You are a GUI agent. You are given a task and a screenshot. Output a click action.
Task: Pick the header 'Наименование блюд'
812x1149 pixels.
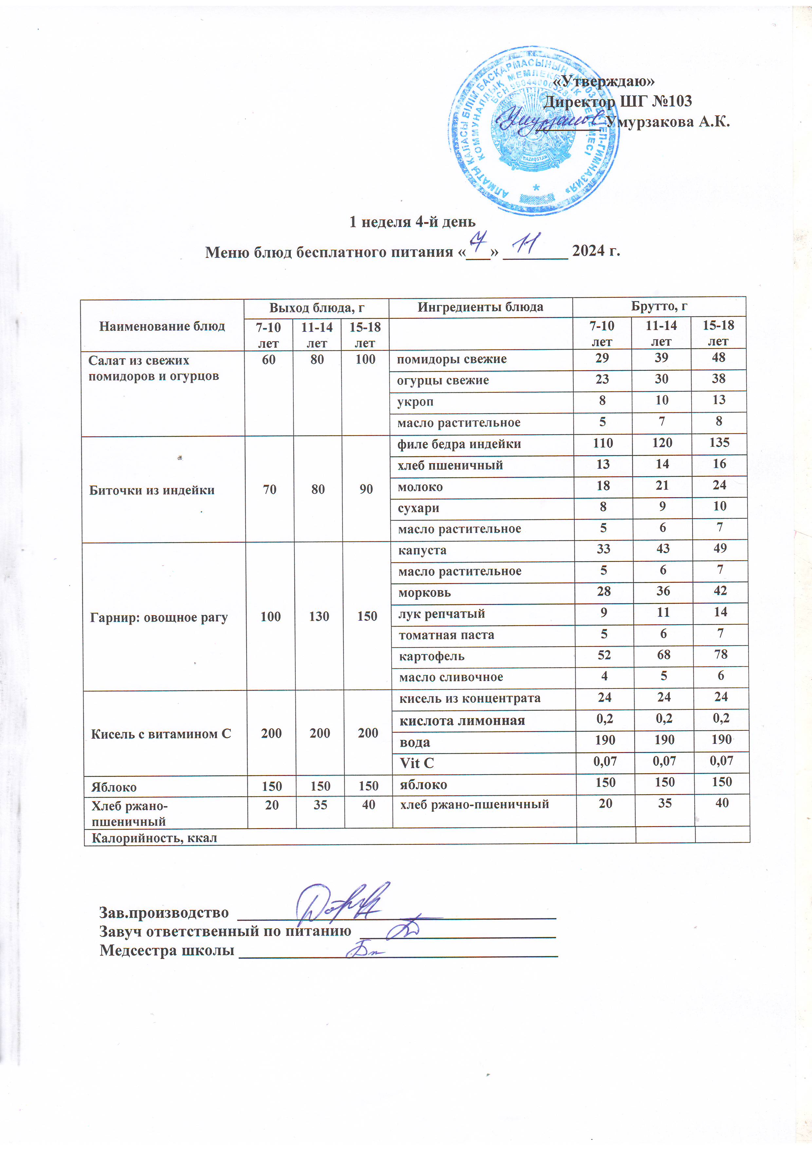tap(162, 326)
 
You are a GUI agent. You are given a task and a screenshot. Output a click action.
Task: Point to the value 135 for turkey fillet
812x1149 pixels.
tap(719, 443)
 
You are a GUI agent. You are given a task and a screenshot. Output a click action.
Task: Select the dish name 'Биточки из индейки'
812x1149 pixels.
tap(152, 490)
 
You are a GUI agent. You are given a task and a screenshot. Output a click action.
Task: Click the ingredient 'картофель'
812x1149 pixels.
tap(431, 656)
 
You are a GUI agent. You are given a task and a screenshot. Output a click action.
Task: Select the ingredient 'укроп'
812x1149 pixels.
tap(415, 401)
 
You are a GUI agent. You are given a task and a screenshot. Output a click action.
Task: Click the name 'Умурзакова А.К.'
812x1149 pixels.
tap(667, 122)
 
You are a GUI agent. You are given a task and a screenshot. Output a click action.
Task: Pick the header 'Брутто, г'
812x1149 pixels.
tap(658, 306)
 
